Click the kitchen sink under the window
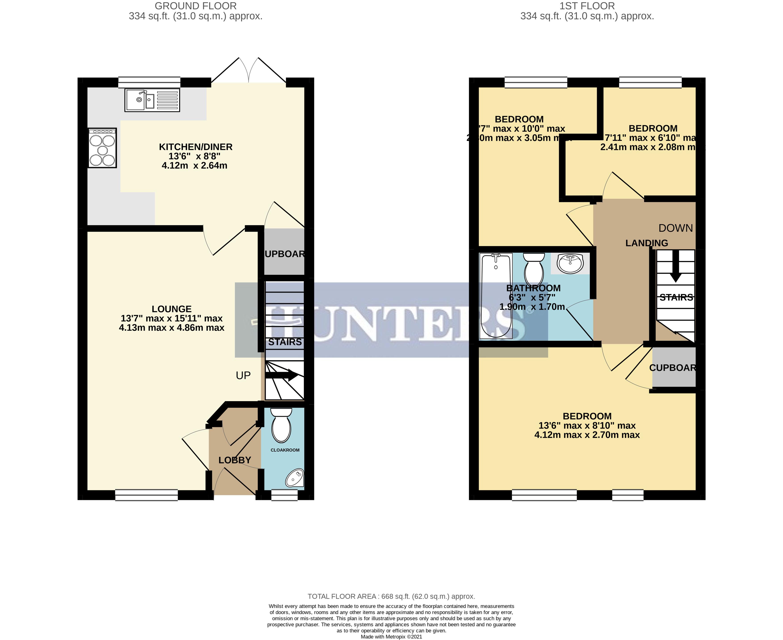pos(152,100)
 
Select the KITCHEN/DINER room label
pos(195,147)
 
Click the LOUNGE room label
pos(171,309)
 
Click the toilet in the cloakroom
pos(281,426)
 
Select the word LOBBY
pos(234,460)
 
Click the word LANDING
pos(647,243)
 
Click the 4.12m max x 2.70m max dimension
pos(587,435)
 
